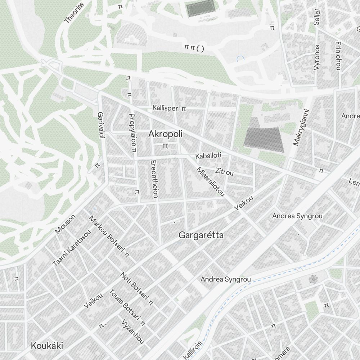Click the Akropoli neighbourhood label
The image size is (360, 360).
(x=165, y=134)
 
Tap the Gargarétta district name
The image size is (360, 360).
(x=201, y=235)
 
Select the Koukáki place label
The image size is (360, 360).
(x=47, y=346)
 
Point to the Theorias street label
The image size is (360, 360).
(x=74, y=13)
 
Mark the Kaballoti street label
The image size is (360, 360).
(x=208, y=156)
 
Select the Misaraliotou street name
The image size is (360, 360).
(x=210, y=182)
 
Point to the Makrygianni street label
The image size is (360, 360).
(x=301, y=127)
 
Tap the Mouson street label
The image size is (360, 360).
(x=65, y=224)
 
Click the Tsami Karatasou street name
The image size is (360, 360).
(x=72, y=248)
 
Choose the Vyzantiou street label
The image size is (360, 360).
(x=133, y=332)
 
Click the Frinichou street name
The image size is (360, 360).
(x=338, y=55)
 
